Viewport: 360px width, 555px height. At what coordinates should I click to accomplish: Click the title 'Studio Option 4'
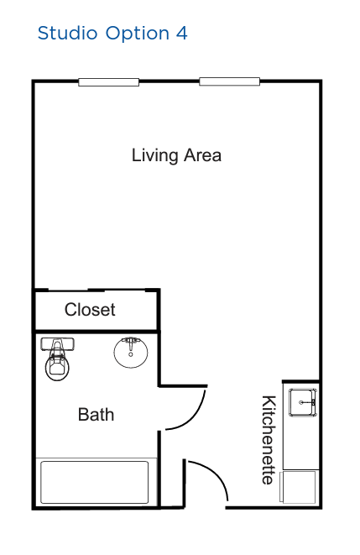112,34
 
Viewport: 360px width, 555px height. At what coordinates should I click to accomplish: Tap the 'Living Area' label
176,155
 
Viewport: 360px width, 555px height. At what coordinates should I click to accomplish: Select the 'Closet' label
90,310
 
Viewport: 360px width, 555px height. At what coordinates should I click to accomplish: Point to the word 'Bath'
96,415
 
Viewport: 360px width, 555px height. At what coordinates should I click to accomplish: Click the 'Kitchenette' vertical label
269,440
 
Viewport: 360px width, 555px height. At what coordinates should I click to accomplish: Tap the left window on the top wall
108,82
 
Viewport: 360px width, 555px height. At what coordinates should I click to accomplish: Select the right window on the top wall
229,81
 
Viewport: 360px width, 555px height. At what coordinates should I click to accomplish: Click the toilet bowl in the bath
57,366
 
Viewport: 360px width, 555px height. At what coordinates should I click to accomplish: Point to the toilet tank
57,344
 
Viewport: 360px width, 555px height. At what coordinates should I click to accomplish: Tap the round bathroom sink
131,353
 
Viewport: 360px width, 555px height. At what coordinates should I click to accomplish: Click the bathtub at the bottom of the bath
95,482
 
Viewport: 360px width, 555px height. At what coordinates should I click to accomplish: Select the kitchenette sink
303,402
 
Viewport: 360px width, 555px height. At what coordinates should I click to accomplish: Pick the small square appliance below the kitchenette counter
298,487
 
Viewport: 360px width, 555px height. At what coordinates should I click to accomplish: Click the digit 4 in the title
182,34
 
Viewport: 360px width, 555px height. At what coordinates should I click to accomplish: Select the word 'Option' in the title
138,34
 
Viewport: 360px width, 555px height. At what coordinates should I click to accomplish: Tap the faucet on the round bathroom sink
131,341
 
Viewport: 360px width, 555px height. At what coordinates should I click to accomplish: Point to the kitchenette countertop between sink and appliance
301,443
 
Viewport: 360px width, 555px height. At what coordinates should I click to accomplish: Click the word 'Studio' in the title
67,34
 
